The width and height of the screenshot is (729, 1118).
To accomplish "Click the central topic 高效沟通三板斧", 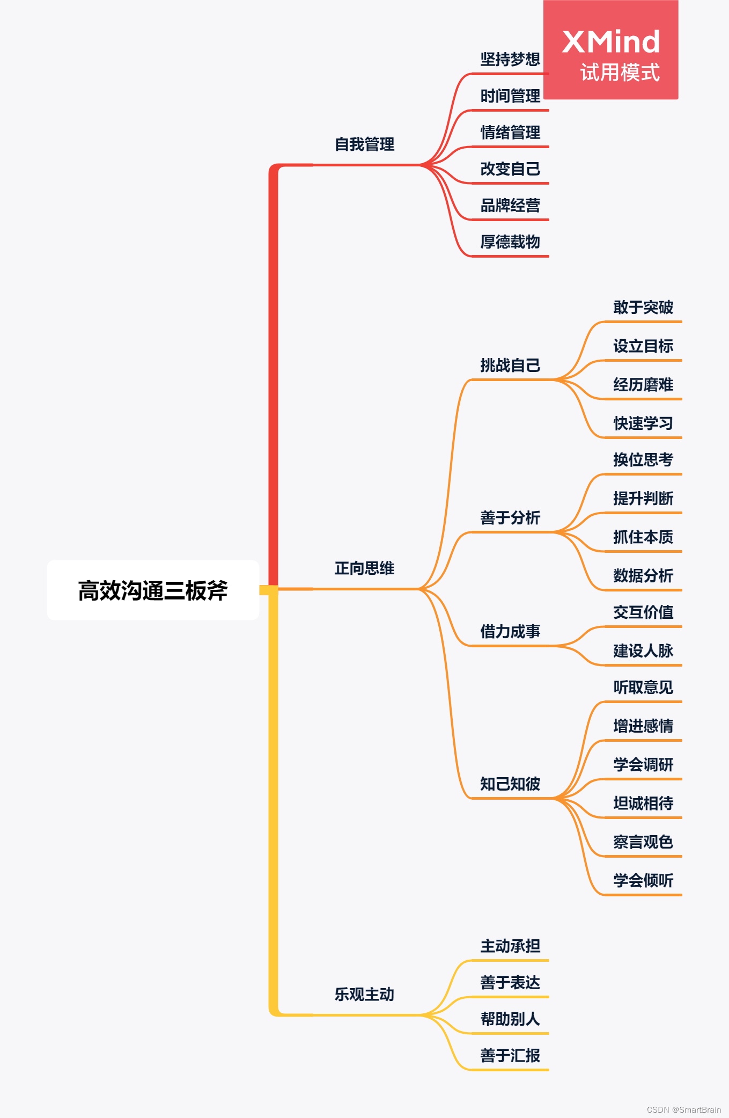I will (x=153, y=590).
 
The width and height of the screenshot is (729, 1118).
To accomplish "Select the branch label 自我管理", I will (x=364, y=144).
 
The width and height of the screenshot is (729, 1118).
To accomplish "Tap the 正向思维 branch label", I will (x=364, y=568).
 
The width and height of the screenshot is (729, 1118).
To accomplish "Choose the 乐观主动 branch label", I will (x=364, y=995).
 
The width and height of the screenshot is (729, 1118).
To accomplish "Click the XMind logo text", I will (x=610, y=42).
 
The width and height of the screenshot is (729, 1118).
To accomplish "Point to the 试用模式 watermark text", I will (x=620, y=72).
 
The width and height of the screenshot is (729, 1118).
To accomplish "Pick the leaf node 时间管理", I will (x=510, y=96).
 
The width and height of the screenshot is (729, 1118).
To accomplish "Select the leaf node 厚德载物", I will (x=510, y=242).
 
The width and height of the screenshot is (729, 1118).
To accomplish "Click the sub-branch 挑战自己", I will (x=510, y=366).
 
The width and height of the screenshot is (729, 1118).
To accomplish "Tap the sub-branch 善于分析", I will (x=510, y=518).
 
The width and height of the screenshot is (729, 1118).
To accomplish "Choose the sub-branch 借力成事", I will (x=510, y=632).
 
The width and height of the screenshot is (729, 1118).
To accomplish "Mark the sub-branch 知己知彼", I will (x=510, y=784).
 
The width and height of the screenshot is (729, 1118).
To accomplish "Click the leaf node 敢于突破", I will (x=643, y=308).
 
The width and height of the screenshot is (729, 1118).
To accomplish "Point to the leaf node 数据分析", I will (x=643, y=576).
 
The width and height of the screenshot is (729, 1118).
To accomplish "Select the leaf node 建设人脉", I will (x=643, y=651).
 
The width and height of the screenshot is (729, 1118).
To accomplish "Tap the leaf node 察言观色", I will (x=643, y=842).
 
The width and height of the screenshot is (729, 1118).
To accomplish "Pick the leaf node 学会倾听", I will (x=643, y=881).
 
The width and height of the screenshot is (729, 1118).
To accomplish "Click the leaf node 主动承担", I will (x=510, y=946).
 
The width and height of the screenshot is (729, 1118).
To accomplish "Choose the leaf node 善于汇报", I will (x=510, y=1056).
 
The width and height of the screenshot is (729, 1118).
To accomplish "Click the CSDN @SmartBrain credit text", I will (x=683, y=1109).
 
